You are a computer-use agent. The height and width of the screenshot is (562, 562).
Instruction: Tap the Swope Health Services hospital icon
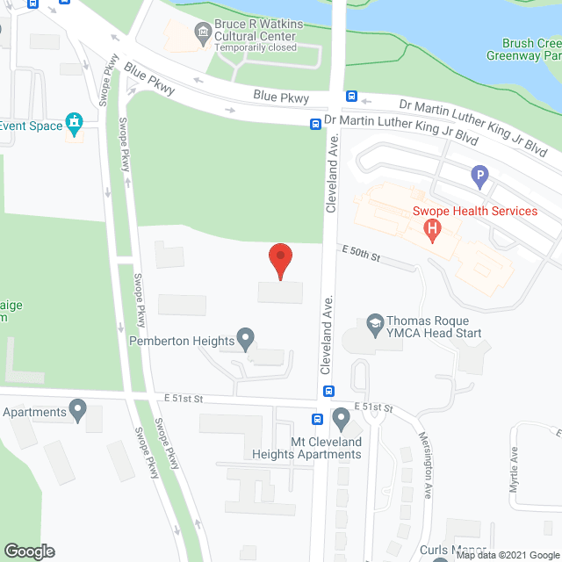[x=431, y=229]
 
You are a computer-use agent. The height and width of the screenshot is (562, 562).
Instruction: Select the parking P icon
[x=479, y=177]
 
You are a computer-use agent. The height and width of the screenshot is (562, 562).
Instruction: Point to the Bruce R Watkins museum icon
[x=203, y=34]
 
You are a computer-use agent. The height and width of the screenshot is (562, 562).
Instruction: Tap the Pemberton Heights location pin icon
[x=246, y=338]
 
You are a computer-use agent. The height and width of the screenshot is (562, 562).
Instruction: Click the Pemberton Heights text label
[x=181, y=341]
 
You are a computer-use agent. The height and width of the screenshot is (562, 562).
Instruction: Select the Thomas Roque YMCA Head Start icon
[x=376, y=323]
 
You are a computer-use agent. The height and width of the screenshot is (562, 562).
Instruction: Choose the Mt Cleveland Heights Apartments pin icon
[x=342, y=418]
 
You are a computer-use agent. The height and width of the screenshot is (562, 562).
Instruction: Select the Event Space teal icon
[x=74, y=121]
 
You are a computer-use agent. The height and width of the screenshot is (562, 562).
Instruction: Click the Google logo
[x=28, y=551]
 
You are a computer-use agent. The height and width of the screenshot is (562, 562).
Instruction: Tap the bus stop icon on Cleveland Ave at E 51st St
[x=328, y=391]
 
